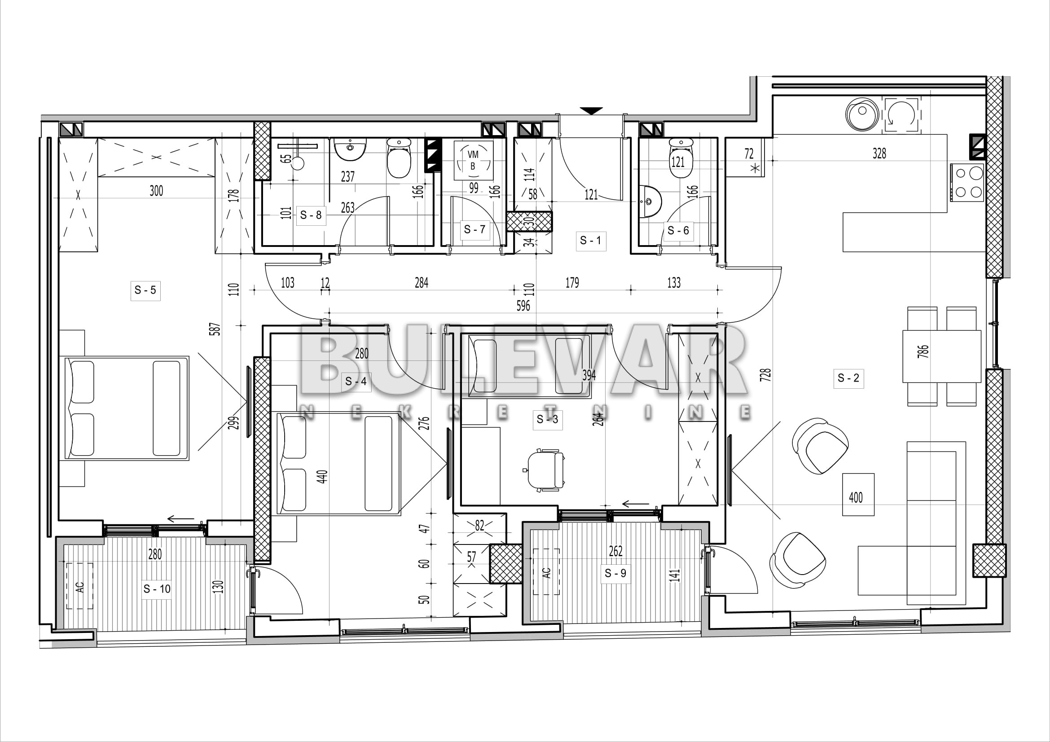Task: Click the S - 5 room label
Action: pos(145,290)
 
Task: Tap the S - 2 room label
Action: pos(848,378)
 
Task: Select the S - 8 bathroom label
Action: pos(311,215)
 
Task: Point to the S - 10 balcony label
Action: pos(157,589)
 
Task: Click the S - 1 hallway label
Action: pos(590,241)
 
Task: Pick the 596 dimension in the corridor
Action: pos(523,305)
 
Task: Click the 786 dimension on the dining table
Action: pos(923,351)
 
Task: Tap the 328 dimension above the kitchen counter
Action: pos(879,153)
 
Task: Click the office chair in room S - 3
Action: pos(545,470)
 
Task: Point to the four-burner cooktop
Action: pos(968,182)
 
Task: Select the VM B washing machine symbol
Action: pos(473,160)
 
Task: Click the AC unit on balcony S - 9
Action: pos(546,571)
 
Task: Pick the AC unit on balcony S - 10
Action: pos(80,586)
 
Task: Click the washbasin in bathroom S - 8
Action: pos(350,149)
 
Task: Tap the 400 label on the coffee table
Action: pos(856,497)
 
